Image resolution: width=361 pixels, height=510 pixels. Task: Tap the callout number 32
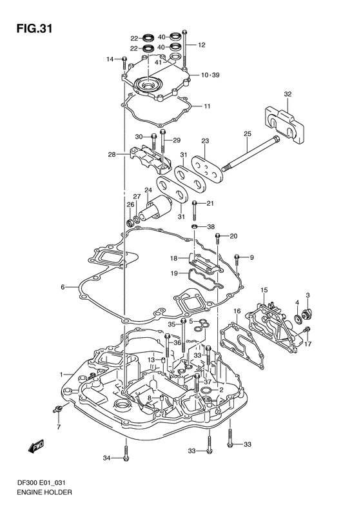click(x=288, y=95)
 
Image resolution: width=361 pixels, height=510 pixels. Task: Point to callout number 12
click(x=201, y=45)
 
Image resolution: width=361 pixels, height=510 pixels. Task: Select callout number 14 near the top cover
click(x=110, y=59)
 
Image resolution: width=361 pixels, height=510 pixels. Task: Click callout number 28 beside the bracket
click(x=112, y=155)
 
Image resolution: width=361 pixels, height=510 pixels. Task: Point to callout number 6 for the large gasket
click(x=63, y=287)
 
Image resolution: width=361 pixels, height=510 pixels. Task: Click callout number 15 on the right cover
click(x=264, y=291)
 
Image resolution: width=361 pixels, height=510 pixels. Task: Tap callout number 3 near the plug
click(x=308, y=295)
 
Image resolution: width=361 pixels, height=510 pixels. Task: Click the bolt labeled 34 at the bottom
click(x=126, y=457)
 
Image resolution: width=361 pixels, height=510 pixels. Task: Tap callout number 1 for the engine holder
click(x=62, y=375)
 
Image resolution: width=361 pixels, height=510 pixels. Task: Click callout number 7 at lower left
click(x=58, y=427)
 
